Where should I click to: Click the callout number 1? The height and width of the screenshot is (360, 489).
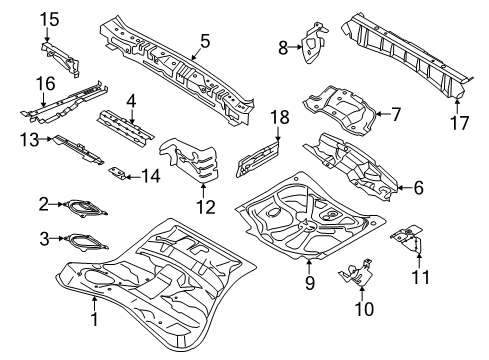[x=95, y=319]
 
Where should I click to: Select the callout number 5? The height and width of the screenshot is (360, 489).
[x=205, y=41]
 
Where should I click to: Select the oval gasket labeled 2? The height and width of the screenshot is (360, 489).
[x=87, y=207]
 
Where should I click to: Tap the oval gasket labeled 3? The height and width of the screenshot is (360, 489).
[x=87, y=240]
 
